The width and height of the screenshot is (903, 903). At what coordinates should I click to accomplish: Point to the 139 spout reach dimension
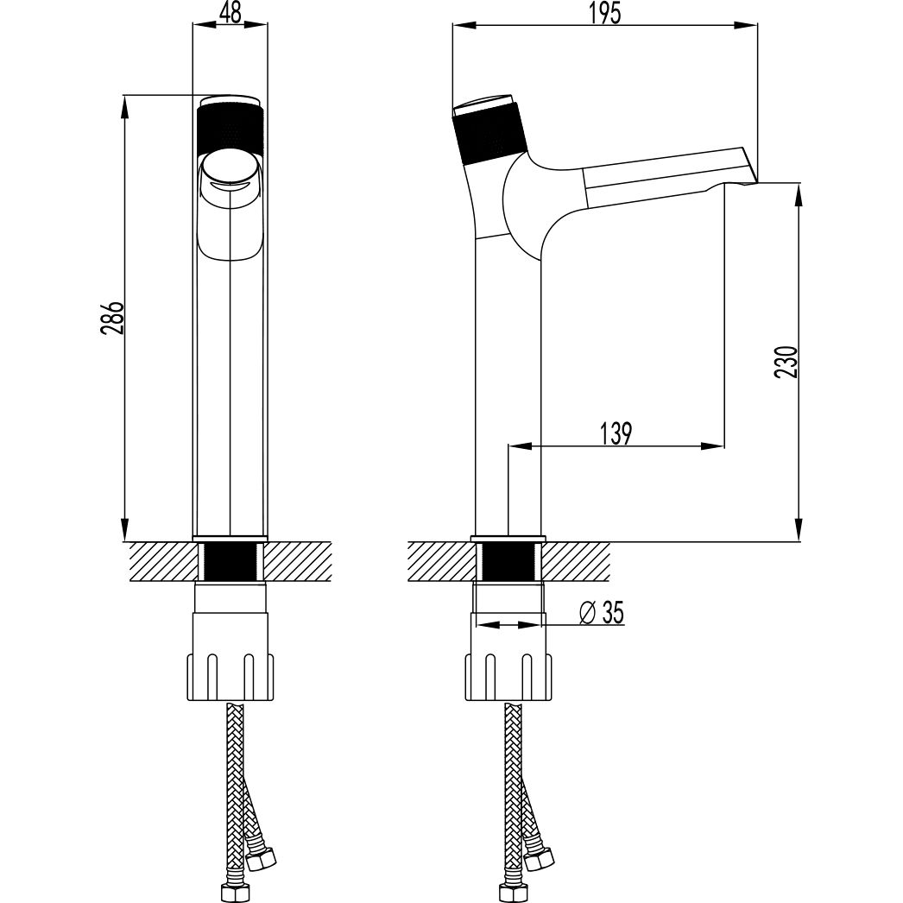pos(616,433)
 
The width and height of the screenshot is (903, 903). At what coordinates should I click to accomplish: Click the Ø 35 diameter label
pos(602,612)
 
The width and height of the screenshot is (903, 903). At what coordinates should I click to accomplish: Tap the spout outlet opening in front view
pos(230,174)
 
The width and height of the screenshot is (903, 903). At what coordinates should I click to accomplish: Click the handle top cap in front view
pos(230,98)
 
